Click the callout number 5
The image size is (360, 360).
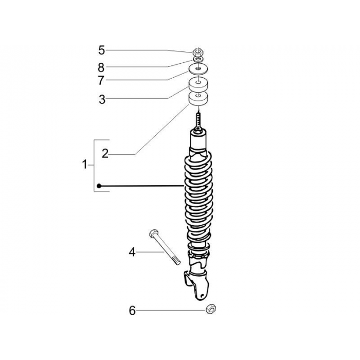[x=102, y=50]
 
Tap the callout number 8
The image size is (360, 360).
[x=101, y=67]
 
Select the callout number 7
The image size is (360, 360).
[x=101, y=80]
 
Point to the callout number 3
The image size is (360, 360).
[x=102, y=99]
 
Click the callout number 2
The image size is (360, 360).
[x=105, y=153]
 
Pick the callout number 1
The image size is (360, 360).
[x=85, y=165]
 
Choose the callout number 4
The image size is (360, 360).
[x=132, y=252]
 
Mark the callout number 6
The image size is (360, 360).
[x=132, y=311]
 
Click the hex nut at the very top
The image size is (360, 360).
[x=197, y=52]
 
